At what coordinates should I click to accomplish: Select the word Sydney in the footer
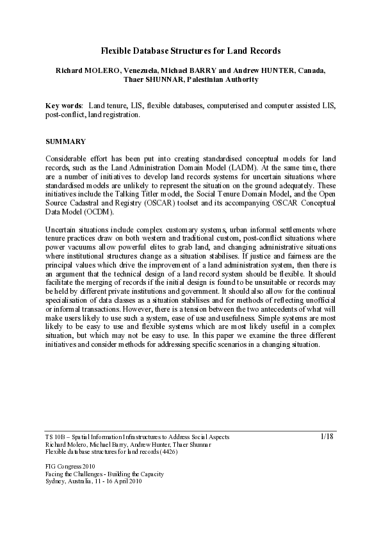pos(56,481)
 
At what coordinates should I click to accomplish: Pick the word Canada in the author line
pos(311,70)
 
